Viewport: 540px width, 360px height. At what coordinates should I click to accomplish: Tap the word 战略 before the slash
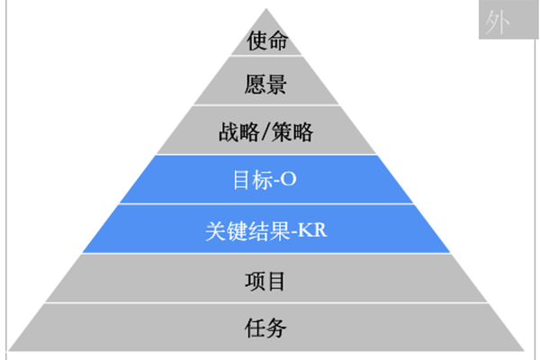(x=237, y=132)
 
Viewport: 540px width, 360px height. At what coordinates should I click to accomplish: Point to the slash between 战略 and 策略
(x=265, y=133)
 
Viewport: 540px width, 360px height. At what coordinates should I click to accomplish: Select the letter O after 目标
(x=289, y=179)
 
